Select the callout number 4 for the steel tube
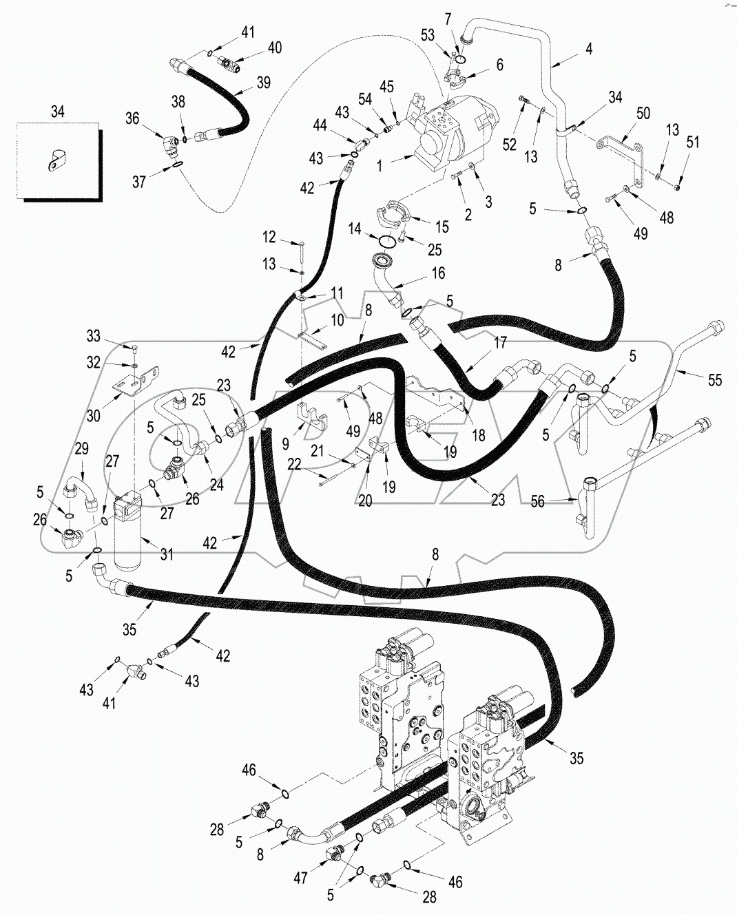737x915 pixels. (588, 49)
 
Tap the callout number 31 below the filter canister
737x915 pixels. (166, 556)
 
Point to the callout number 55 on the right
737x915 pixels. (714, 379)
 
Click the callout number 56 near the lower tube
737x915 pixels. (537, 502)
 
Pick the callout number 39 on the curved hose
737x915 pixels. (264, 83)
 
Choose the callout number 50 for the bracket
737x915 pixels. (643, 113)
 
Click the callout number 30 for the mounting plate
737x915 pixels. (94, 416)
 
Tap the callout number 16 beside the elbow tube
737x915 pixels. (438, 273)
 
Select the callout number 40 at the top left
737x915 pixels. (274, 48)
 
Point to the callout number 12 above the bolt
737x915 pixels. (269, 238)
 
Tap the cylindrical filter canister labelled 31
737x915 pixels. (129, 534)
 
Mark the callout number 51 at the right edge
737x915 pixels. (692, 143)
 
